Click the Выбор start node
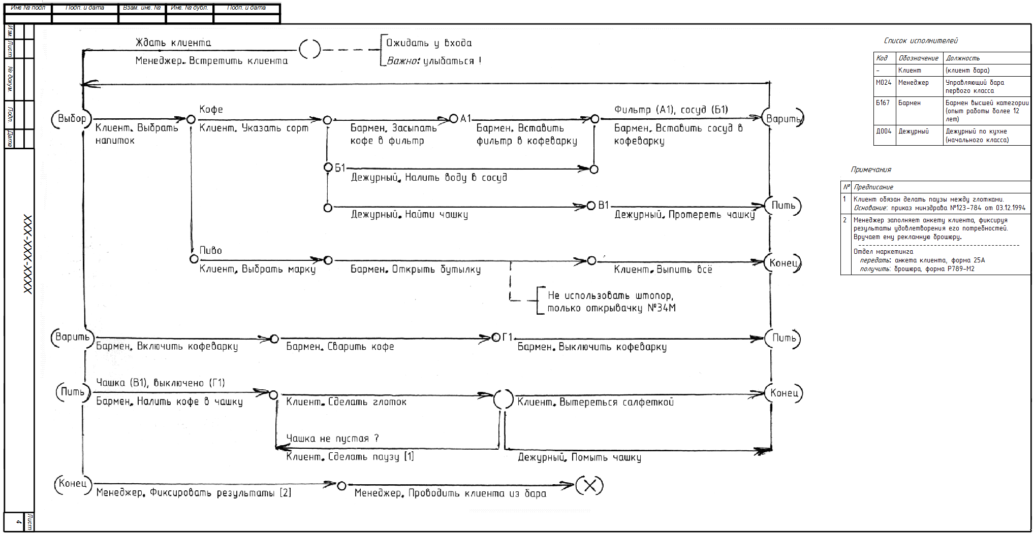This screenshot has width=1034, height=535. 72,119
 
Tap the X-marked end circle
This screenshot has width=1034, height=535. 589,486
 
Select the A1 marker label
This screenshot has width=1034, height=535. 466,119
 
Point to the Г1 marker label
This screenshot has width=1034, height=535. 508,337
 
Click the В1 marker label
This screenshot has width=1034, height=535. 603,205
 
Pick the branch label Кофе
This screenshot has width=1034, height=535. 211,110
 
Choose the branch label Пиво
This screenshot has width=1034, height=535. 210,250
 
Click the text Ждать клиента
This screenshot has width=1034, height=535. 173,43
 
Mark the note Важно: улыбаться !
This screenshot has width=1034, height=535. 434,61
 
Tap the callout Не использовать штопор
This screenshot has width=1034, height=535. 610,295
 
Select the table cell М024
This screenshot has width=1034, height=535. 884,83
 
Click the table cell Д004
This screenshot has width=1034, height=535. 884,131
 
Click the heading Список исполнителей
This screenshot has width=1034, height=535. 921,41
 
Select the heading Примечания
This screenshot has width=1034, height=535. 871,170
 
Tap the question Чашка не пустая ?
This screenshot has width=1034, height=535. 332,438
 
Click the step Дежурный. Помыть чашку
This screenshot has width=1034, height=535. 579,457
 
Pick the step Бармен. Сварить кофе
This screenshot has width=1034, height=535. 340,347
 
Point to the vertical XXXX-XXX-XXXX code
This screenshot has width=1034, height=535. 28,254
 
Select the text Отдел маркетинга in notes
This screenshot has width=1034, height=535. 883,251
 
